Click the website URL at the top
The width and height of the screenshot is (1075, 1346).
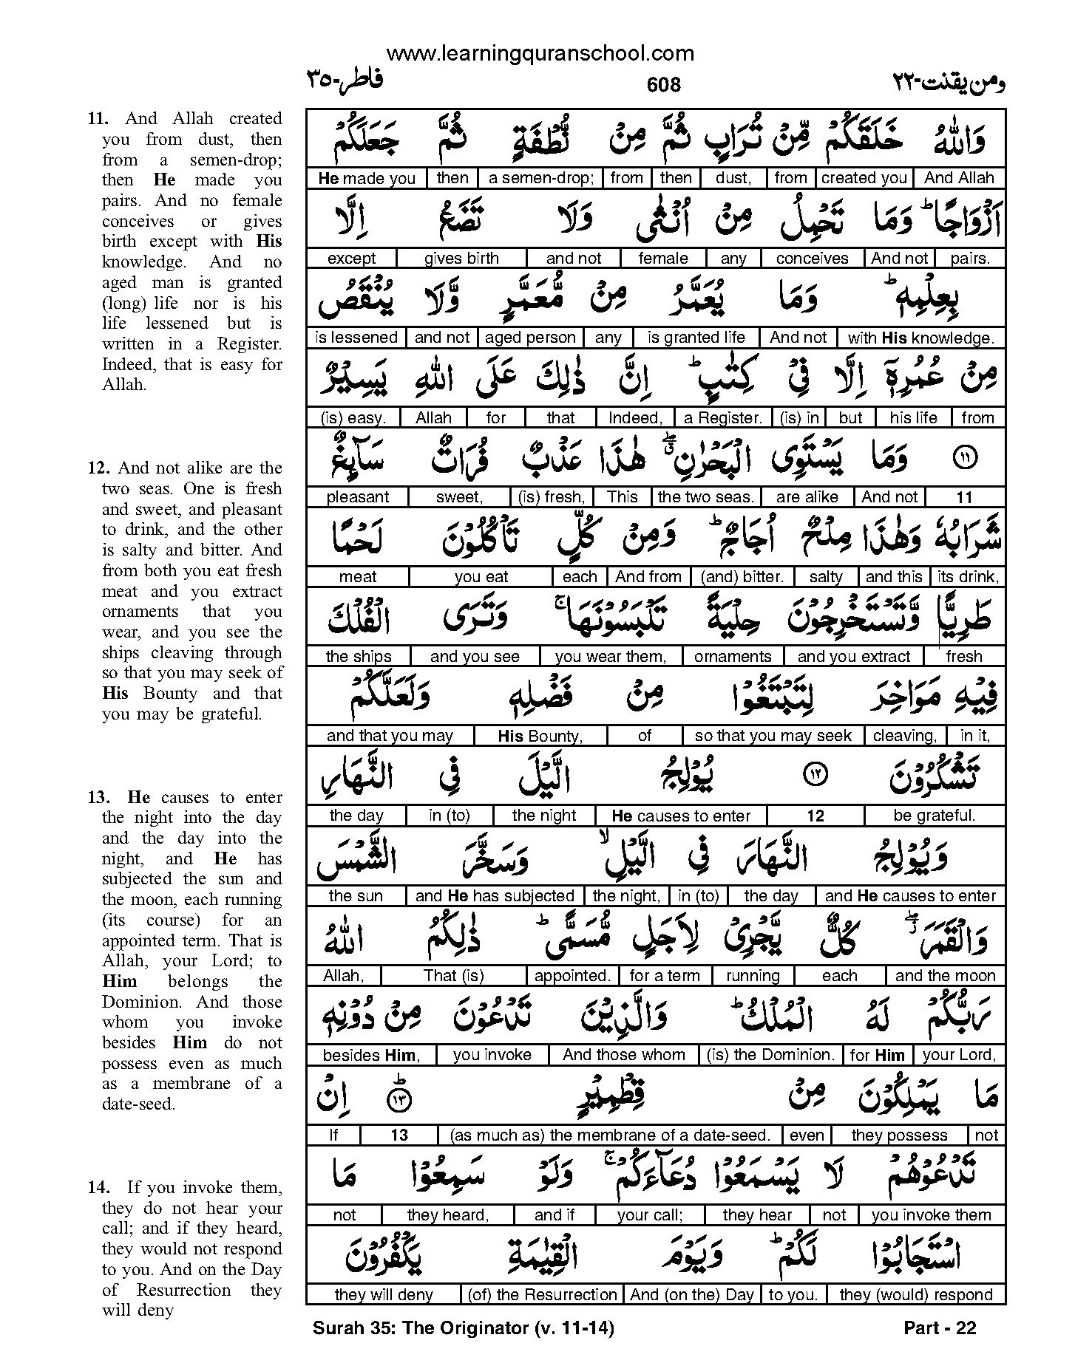point(540,53)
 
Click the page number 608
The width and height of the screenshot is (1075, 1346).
point(663,86)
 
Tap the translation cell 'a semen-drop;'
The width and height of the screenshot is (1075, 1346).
point(541,178)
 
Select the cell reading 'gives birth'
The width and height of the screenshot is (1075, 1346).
point(461,259)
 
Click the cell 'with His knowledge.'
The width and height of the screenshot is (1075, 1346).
point(920,338)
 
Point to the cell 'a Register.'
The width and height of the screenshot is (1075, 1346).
point(723,417)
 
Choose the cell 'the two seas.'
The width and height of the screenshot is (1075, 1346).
point(705,497)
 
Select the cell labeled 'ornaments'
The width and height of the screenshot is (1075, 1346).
point(733,656)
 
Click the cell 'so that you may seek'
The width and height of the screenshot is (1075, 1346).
point(773,736)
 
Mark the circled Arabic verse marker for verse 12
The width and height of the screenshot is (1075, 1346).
point(815,774)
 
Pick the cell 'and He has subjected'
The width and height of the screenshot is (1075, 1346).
point(495,896)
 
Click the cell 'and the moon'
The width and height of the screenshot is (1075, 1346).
point(946,976)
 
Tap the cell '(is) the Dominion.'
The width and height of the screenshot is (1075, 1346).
point(770,1055)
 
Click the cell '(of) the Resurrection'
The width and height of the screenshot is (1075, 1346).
point(542,1294)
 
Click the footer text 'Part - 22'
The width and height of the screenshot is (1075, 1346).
point(940,1328)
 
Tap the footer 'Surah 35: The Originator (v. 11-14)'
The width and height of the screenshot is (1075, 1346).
point(464,1328)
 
